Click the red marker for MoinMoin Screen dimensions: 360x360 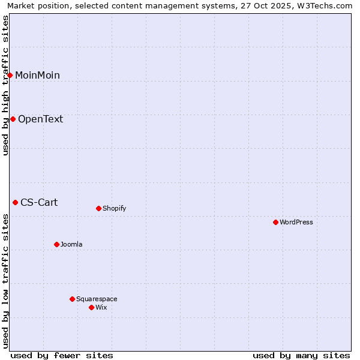coord(10,75)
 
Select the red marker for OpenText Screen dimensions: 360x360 coord(13,119)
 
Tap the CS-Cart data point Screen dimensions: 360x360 coord(15,202)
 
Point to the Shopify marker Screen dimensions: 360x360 coord(98,208)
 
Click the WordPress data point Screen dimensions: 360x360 coord(275,222)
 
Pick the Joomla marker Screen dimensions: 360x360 coord(56,244)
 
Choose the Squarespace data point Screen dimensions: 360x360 coord(72,299)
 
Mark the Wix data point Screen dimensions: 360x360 coord(91,307)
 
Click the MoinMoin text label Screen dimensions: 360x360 coord(37,75)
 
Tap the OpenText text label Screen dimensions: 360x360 coord(40,119)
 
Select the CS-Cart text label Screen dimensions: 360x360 coord(39,202)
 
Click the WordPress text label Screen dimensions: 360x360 coord(296,222)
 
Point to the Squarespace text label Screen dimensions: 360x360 coord(97,299)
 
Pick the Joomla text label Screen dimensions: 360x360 coord(71,244)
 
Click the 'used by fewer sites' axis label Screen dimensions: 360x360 coord(62,355)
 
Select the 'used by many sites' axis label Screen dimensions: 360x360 coord(301,355)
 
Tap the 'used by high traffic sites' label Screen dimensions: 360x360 coord(5,85)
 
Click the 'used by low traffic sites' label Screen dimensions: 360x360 coord(5,281)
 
